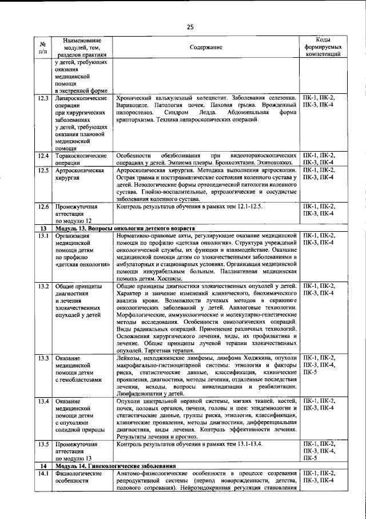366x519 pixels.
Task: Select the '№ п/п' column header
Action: (42, 48)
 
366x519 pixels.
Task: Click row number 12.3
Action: (42, 98)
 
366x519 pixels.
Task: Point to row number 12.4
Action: (42, 156)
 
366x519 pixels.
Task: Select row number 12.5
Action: (42, 171)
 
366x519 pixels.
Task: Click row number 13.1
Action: (42, 236)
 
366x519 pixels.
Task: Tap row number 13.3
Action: (42, 358)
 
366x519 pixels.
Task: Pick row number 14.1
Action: (42, 473)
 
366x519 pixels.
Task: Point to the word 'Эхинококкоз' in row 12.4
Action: (279, 163)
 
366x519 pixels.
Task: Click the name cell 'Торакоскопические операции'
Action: (81, 159)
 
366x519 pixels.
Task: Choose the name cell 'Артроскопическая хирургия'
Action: (79, 174)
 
